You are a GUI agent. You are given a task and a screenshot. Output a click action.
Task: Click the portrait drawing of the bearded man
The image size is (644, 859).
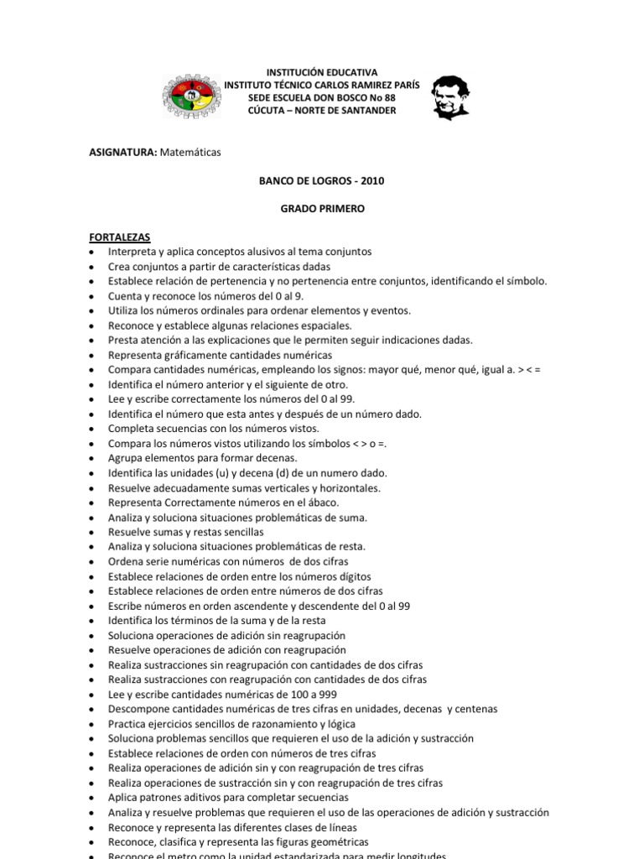click(449, 97)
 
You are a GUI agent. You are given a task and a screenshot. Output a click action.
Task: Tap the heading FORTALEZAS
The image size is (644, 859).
click(119, 237)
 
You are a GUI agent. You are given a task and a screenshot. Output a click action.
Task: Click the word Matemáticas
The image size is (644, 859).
click(190, 152)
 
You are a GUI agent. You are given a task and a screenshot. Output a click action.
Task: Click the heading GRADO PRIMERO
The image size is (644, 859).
click(322, 209)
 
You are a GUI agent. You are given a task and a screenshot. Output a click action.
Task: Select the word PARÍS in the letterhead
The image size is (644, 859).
click(405, 86)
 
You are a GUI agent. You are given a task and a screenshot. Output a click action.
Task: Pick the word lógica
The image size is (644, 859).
click(339, 724)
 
